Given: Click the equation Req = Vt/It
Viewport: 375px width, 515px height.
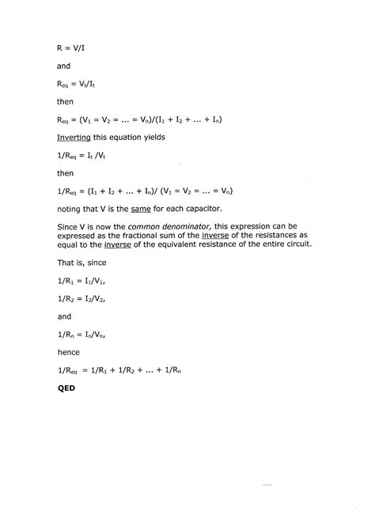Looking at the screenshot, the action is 79,82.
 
